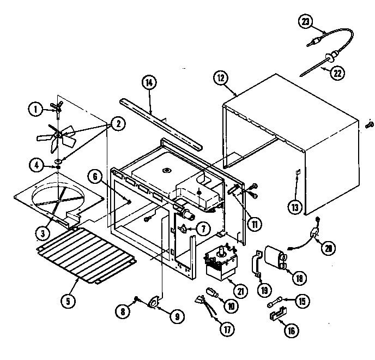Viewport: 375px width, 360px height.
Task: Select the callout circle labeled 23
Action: tap(306, 22)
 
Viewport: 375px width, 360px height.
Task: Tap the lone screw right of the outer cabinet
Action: tap(368, 125)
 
